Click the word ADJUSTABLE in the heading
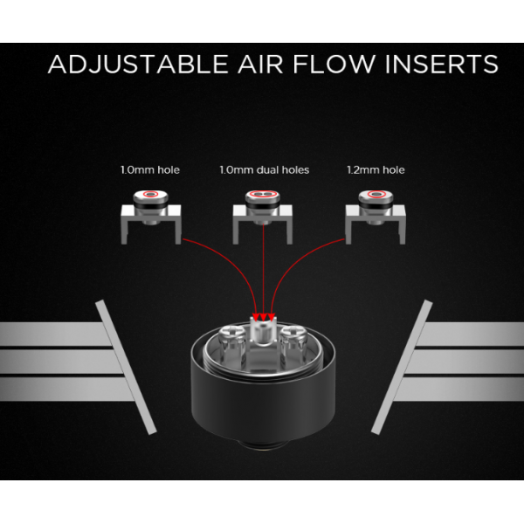[x=138, y=64]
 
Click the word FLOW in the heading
[x=334, y=64]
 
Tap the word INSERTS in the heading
[x=442, y=64]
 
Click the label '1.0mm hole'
[x=150, y=170]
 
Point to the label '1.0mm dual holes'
[x=265, y=170]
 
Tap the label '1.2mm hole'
[x=376, y=170]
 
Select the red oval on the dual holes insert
[x=262, y=194]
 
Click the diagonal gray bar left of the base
[x=126, y=367]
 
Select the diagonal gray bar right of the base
[x=402, y=367]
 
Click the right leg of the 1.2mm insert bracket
[x=403, y=227]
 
